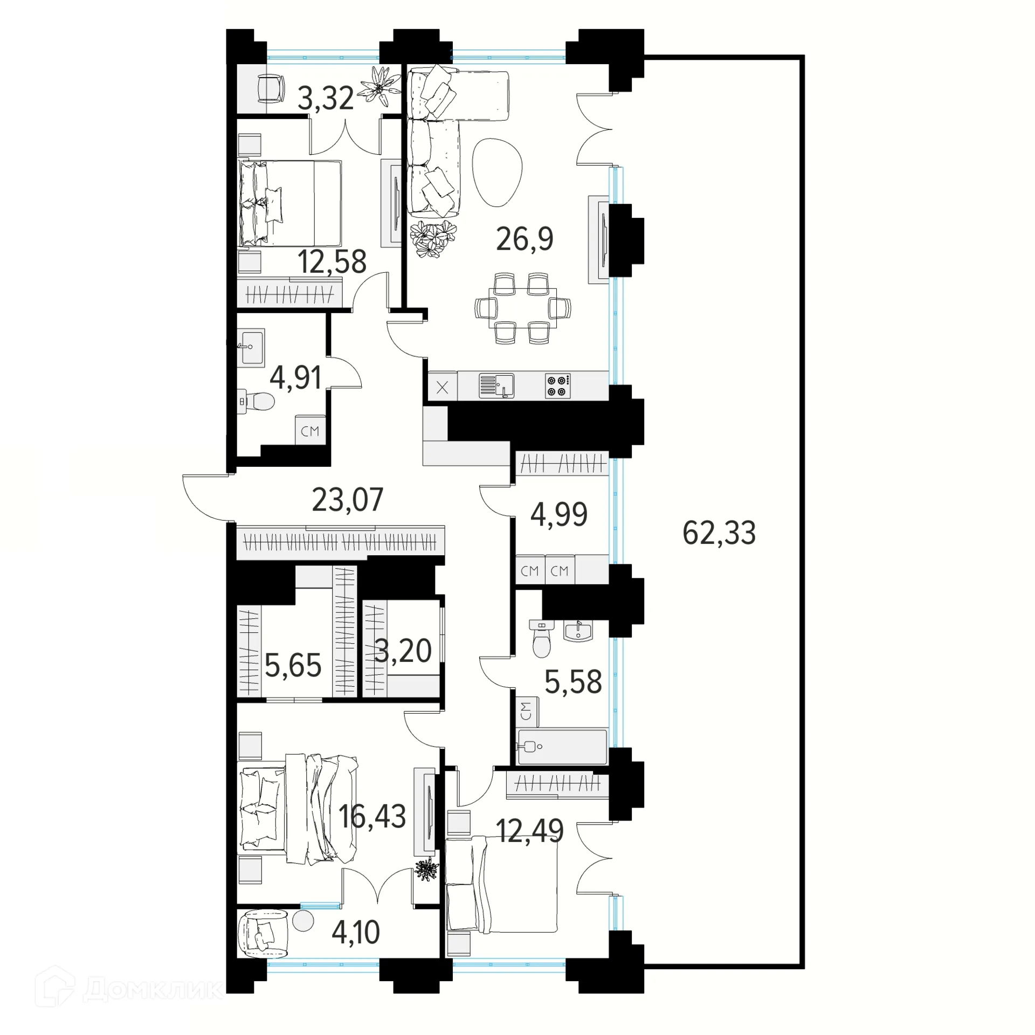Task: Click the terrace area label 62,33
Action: (719, 533)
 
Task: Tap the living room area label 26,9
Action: (525, 239)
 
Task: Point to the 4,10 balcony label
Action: (356, 932)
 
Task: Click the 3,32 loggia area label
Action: (326, 98)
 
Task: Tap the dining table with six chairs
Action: (523, 308)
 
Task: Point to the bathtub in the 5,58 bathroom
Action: (562, 747)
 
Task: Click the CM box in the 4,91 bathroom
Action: (310, 431)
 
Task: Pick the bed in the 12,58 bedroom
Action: (290, 203)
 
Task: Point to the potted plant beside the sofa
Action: (433, 239)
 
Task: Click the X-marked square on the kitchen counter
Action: (443, 387)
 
